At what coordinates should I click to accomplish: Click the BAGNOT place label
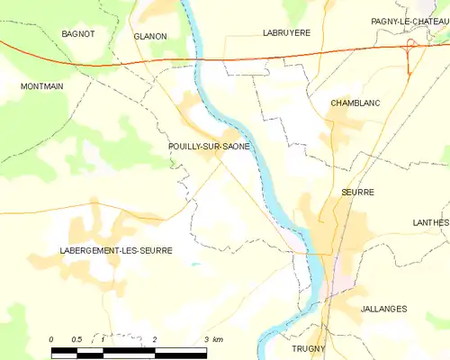(77, 33)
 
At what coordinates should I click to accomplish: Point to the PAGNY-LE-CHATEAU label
(409, 21)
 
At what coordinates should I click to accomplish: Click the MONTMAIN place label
(42, 85)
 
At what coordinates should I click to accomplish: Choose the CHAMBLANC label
(355, 103)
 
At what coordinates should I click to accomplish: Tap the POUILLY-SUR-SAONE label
(209, 146)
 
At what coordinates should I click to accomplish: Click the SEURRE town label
(357, 192)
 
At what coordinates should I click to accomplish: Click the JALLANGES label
(382, 309)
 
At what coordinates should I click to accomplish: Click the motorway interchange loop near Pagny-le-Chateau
(410, 48)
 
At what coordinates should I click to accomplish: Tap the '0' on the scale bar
(51, 339)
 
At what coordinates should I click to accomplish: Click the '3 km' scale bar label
(212, 339)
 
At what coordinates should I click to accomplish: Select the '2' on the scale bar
(155, 339)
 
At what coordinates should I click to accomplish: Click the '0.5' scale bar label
(76, 339)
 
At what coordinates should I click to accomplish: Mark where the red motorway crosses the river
(197, 59)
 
